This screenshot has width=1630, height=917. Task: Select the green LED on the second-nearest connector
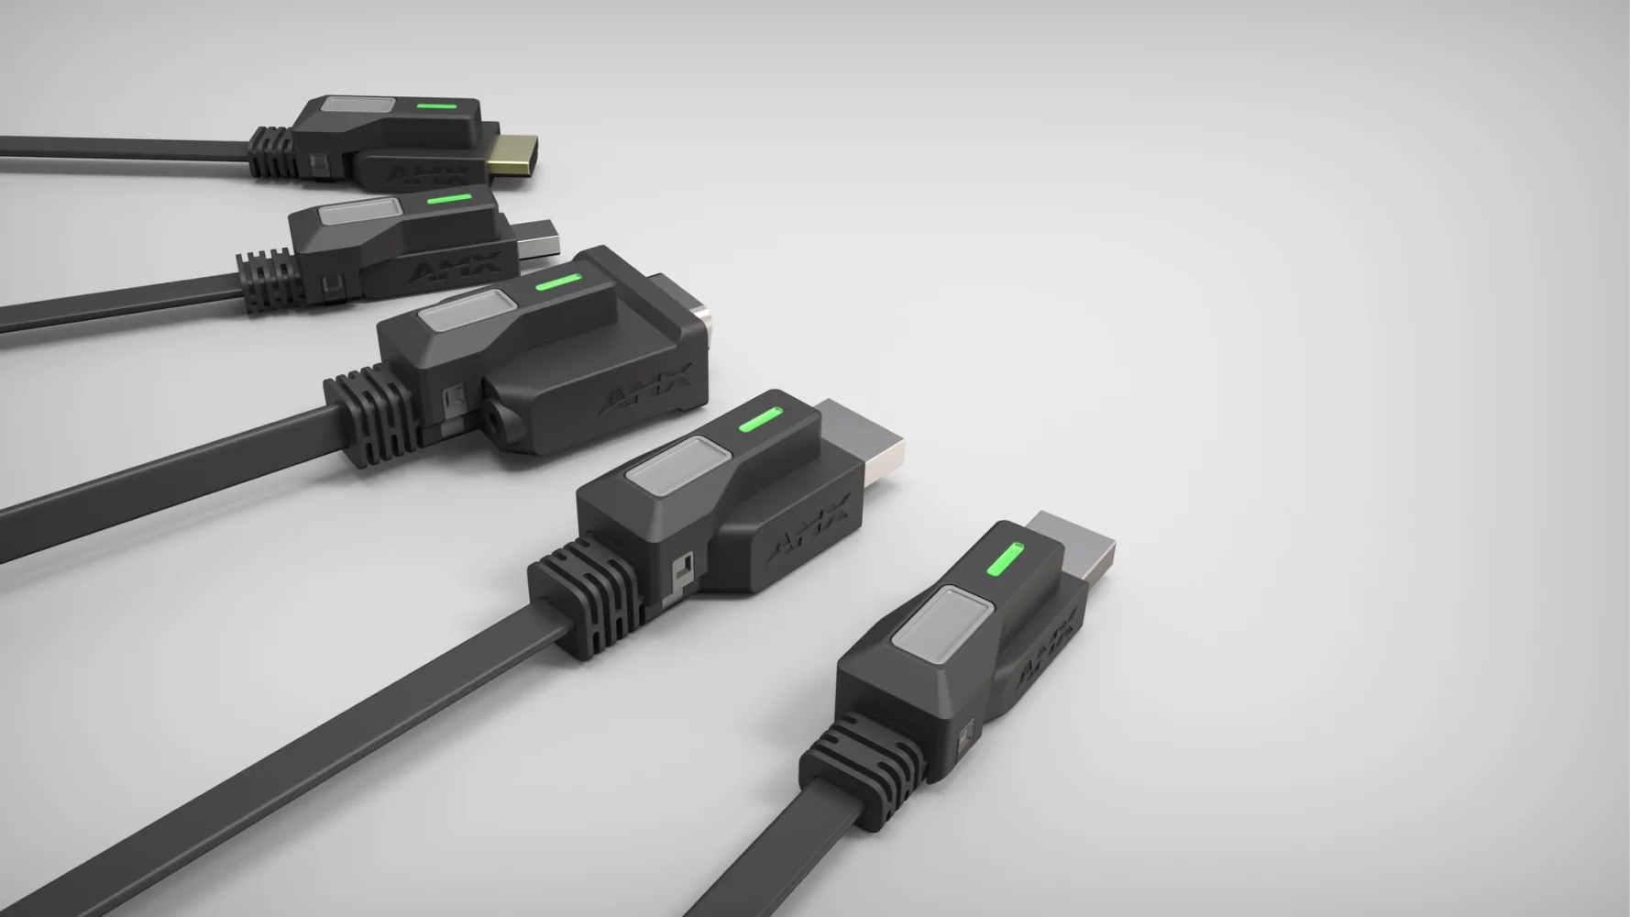tap(759, 420)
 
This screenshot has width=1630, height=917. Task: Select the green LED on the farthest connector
tap(436, 105)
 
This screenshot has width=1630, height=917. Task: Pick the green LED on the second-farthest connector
tap(450, 197)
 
